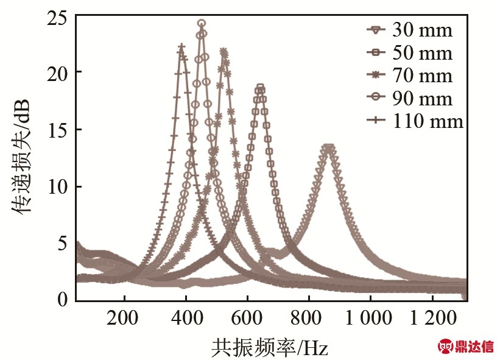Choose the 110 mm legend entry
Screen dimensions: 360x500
(414, 121)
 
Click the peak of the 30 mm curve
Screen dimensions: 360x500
(329, 147)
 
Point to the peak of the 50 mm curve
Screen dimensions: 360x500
(260, 88)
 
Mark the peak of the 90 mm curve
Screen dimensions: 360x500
(202, 24)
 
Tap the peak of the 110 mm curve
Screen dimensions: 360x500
(181, 46)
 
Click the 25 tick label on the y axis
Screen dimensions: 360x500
(57, 18)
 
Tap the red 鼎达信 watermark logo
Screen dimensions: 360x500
(467, 347)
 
